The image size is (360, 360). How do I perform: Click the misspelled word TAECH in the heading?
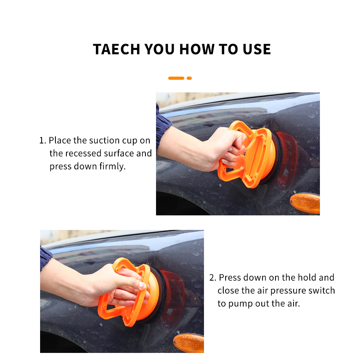(x=116, y=49)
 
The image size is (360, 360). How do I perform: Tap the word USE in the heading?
(x=257, y=49)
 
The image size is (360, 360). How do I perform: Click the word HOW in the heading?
(x=197, y=49)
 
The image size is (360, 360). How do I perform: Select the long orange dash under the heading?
(x=176, y=78)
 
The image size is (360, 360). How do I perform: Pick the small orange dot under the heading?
(x=189, y=78)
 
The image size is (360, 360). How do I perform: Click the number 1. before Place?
(x=43, y=141)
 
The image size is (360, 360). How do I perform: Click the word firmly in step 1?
(x=112, y=167)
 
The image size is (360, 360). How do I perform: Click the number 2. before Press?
(x=213, y=277)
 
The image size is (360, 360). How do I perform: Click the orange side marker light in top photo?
(x=305, y=203)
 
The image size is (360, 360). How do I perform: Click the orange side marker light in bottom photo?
(x=189, y=343)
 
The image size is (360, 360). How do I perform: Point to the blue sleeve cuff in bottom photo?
(x=45, y=257)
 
